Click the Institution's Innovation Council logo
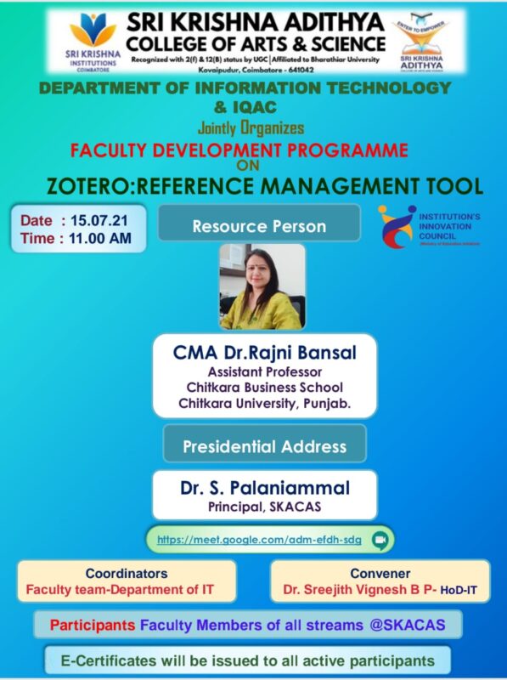coord(396,226)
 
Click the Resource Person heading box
coord(259,226)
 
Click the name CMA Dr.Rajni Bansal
coord(265,353)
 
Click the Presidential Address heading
coord(265,446)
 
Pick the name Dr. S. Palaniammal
coord(265,489)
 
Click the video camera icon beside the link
coord(380,539)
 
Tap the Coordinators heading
coord(126,573)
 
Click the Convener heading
coord(380,573)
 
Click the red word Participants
coord(92,626)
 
